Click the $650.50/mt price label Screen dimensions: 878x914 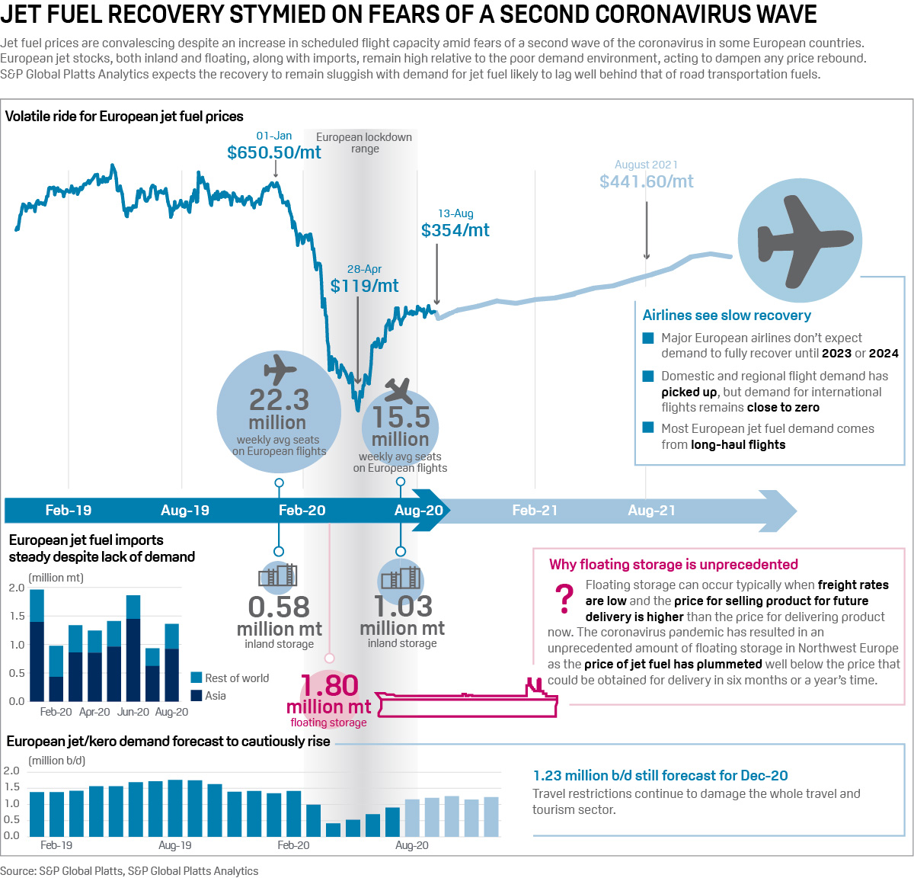point(274,152)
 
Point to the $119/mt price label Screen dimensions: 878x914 point(364,286)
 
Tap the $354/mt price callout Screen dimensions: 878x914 point(455,230)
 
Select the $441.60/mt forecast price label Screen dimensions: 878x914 point(646,181)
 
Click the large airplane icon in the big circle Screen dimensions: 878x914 point(800,242)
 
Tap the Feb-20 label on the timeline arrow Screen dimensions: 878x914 point(302,511)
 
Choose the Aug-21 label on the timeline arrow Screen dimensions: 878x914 point(651,511)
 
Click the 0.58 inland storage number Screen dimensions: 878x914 point(279,607)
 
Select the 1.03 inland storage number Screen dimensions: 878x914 point(402,607)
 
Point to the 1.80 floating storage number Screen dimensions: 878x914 point(329,685)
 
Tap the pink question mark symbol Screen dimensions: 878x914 point(564,599)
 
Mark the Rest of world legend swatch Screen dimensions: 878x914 point(196,678)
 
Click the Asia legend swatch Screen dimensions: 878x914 point(196,695)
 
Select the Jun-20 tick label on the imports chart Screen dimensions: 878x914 point(133,712)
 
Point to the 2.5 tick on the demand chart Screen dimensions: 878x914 point(11,771)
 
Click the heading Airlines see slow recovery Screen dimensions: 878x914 point(727,316)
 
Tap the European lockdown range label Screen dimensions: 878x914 point(364,143)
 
